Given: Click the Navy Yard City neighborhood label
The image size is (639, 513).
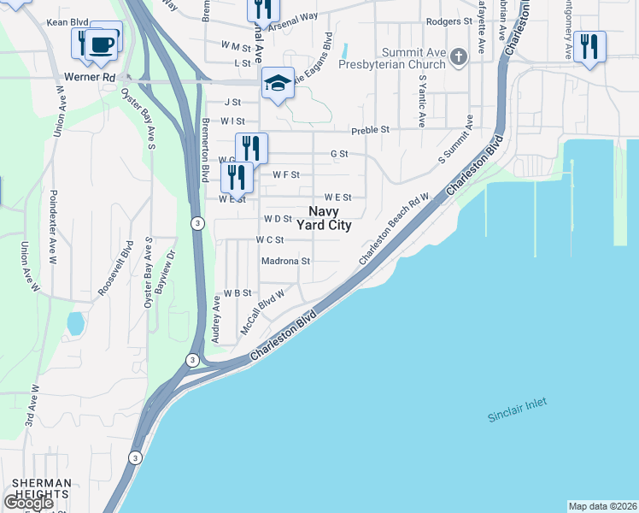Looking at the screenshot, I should point(324,218).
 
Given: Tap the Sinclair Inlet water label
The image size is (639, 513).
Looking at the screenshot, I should point(517,410).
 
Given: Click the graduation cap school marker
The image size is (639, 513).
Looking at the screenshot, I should point(278,84).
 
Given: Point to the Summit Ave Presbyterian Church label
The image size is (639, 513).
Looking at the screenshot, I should point(392,58).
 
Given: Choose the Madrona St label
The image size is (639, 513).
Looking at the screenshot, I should point(285,261).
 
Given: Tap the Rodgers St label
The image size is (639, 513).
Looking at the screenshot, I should point(448,21).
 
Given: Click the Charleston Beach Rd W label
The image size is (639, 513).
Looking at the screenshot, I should point(393,228).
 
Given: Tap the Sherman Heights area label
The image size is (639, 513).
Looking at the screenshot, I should point(36,488).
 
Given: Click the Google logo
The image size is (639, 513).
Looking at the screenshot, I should point(28,503).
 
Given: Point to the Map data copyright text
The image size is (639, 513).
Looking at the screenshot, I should point(602,506).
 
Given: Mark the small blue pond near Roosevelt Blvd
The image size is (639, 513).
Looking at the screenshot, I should point(75,323).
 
